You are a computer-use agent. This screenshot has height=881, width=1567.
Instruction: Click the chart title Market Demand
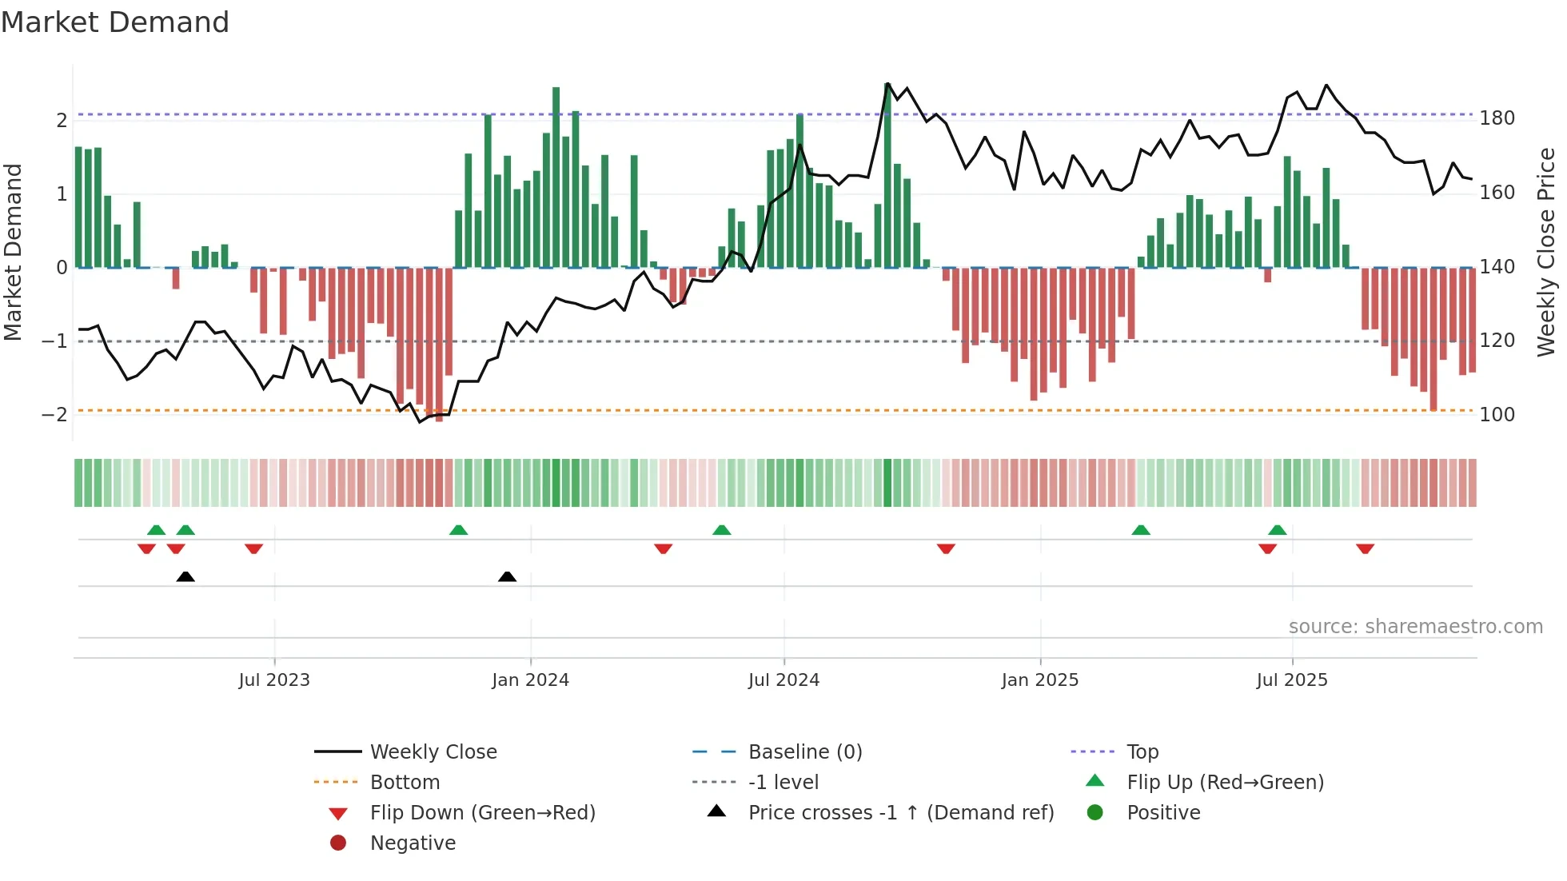pos(115,22)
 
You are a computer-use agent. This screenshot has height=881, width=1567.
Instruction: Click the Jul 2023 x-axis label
pos(274,680)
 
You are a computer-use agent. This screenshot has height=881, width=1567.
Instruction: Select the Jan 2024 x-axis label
pos(530,680)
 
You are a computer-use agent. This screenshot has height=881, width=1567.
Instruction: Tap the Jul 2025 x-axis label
pos(1292,680)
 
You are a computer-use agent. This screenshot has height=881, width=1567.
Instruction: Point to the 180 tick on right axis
pos(1497,118)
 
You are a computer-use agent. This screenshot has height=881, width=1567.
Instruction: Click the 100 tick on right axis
pos(1497,415)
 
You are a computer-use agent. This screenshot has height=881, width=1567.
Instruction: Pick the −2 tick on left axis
pos(54,415)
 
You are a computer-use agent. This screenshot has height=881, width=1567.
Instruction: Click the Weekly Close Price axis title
pos(1546,252)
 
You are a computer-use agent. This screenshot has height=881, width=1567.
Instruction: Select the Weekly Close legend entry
pos(433,752)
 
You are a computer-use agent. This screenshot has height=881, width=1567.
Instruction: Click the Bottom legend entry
pos(405,783)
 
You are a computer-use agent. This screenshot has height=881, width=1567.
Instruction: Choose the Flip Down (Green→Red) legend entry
pos(482,813)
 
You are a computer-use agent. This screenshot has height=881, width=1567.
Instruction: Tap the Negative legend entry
pos(413,843)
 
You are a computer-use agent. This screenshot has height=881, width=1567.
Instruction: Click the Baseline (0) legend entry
pos(804,752)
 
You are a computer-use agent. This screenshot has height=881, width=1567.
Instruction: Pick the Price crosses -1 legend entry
pos(900,813)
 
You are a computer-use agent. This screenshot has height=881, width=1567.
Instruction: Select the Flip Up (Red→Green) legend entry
pos(1225,783)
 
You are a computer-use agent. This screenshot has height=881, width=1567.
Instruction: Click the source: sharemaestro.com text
pos(1415,627)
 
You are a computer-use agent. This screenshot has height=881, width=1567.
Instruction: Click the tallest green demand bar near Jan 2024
pos(556,176)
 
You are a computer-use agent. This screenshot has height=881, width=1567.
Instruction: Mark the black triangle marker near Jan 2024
pos(507,576)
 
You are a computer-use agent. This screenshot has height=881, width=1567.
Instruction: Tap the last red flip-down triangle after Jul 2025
pos(1365,548)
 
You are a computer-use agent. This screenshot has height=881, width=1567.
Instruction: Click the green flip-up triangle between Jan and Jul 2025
pos(1141,530)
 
